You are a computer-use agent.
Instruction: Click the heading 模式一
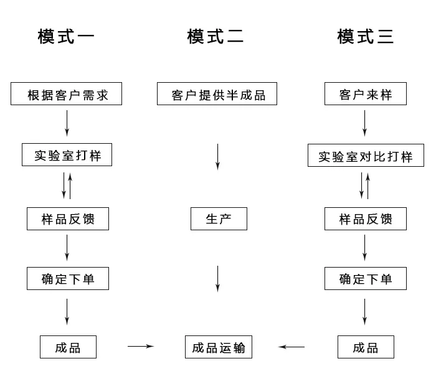(66, 36)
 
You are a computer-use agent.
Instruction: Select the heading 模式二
(216, 36)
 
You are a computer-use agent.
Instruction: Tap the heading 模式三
(366, 36)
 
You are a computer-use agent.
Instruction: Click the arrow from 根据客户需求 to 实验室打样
(67, 123)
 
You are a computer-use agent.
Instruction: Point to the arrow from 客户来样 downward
(365, 123)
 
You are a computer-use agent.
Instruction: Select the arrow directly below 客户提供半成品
(218, 157)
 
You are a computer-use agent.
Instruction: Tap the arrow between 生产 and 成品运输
(218, 279)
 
